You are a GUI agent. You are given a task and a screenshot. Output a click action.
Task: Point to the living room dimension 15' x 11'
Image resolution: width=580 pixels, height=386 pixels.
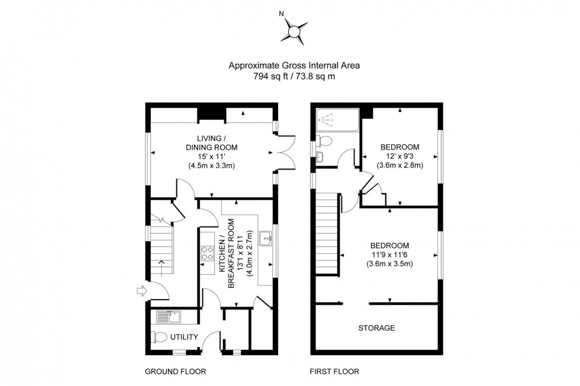click(212, 157)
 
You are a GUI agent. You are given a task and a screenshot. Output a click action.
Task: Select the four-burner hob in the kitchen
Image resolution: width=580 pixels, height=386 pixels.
click(208, 254)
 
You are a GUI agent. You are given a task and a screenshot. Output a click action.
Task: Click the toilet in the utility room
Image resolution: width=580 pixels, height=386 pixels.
click(159, 338)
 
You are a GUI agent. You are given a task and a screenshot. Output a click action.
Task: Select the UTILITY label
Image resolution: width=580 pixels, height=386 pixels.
click(184, 337)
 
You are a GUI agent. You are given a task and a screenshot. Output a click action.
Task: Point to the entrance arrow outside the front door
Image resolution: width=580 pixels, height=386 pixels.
click(140, 290)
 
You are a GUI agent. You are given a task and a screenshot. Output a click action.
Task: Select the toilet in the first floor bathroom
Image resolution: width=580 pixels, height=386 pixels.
click(324, 141)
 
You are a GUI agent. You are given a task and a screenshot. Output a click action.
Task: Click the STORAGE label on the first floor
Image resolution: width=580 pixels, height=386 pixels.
click(376, 327)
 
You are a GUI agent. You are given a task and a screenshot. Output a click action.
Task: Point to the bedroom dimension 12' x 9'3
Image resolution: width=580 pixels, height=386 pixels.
click(400, 156)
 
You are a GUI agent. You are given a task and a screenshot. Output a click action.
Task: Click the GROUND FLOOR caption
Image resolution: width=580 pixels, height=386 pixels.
click(175, 372)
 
